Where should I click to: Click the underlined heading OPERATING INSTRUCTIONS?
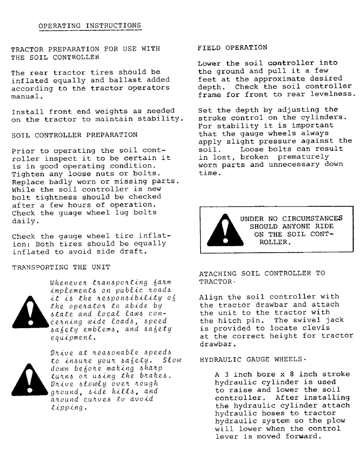tap(90, 25)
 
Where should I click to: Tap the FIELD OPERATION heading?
tap(232, 48)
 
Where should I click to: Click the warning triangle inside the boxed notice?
tap(220, 231)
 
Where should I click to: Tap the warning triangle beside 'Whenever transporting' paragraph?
tap(30, 313)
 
